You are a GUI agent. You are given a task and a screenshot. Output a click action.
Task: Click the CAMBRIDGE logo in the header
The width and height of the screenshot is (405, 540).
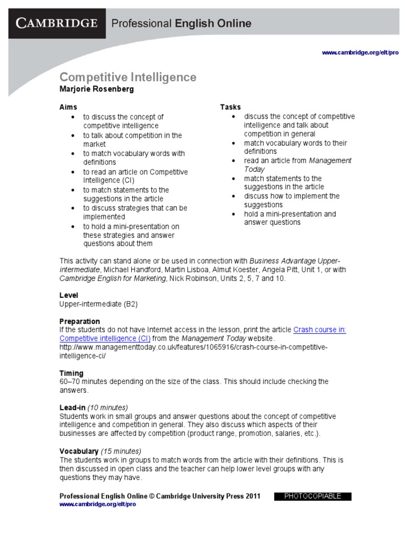tap(57, 23)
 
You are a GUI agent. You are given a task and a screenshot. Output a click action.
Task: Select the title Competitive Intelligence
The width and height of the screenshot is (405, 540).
tap(128, 78)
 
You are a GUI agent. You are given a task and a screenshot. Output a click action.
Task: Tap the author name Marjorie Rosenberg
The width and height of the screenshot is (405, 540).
tap(97, 89)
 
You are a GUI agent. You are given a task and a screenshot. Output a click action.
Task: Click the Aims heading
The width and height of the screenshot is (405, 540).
tap(68, 107)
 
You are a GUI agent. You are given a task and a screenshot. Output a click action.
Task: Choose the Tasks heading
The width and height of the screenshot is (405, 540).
tap(230, 107)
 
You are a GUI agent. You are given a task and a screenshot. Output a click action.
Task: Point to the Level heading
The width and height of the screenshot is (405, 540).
tap(69, 295)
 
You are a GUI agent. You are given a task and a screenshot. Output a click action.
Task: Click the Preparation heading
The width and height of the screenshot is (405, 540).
tap(80, 321)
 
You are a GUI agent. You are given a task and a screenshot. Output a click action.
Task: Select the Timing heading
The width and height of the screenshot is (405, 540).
tap(71, 373)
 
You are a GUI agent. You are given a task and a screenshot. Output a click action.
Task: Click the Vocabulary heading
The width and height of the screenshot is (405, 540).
tap(79, 451)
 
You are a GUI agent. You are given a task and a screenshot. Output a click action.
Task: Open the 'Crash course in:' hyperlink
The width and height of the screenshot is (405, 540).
tap(320, 330)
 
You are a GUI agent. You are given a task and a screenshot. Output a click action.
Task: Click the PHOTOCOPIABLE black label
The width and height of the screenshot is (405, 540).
tap(313, 496)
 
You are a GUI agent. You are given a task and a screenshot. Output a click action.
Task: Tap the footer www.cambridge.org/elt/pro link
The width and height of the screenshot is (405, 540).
tap(98, 505)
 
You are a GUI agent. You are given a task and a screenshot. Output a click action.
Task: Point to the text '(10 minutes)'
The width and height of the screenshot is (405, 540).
tap(108, 408)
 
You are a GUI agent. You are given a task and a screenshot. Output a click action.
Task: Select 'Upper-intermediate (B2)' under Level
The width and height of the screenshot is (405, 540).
tap(99, 304)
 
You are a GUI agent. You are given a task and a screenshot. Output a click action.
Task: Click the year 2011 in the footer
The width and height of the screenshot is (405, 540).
tap(252, 496)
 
